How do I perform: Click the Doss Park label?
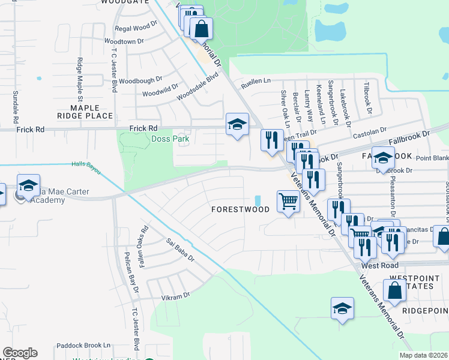[170, 139]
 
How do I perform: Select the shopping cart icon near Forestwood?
[288, 202]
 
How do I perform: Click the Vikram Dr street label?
[175, 295]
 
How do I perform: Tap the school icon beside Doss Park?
[237, 125]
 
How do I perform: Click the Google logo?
[20, 353]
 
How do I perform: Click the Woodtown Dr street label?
[124, 41]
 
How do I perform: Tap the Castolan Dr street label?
[369, 130]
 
